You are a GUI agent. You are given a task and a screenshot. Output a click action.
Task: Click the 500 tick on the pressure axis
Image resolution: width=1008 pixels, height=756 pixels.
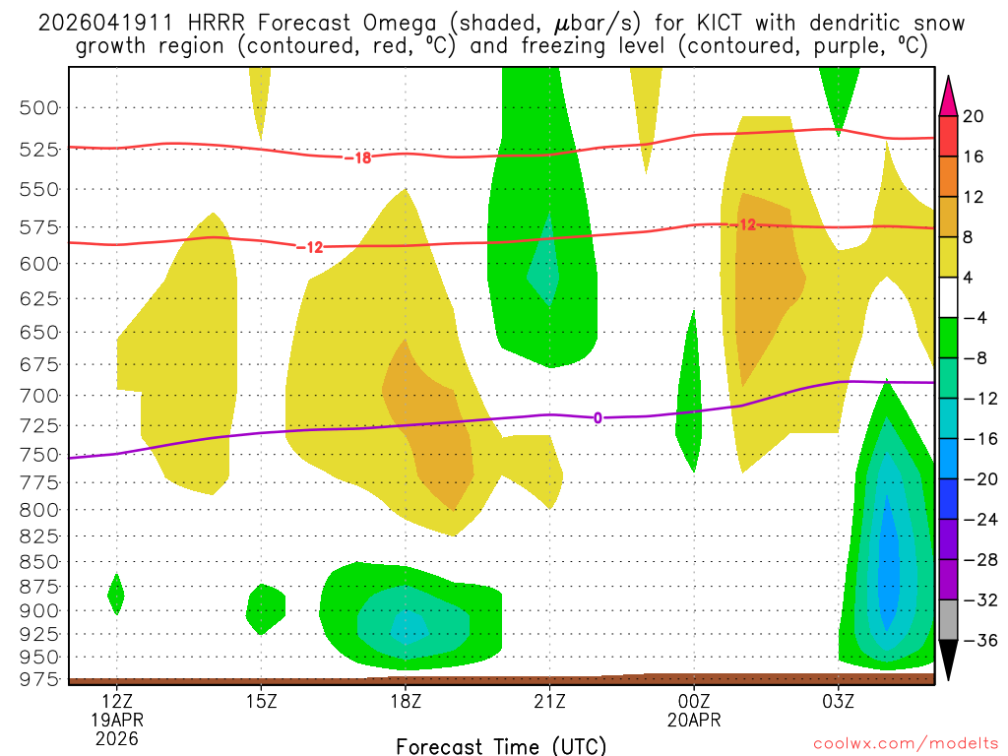(40, 107)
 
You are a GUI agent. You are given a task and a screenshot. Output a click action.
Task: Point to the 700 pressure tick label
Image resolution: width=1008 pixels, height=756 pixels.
(40, 396)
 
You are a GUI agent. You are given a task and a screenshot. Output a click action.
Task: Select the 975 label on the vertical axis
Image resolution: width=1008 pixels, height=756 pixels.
(40, 679)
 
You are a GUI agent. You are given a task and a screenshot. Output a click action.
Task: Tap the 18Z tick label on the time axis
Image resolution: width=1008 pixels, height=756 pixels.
(406, 702)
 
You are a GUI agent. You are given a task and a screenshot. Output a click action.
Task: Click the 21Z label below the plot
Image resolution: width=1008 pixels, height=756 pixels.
(549, 702)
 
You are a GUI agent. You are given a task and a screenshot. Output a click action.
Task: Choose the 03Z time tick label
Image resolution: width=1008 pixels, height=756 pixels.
(839, 702)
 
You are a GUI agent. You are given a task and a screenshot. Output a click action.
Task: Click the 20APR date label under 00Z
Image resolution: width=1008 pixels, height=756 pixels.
(694, 720)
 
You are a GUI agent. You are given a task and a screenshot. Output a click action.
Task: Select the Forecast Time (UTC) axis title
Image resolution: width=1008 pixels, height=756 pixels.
(501, 745)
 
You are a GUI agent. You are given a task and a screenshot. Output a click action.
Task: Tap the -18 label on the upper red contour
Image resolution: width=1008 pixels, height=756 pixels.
(357, 157)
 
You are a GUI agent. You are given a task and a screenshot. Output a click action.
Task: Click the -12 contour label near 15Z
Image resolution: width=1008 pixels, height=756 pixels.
(310, 247)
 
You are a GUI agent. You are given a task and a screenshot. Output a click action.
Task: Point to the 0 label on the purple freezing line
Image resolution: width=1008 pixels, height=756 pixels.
(598, 418)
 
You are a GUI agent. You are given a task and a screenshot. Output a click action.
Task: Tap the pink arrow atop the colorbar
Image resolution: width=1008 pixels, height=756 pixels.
(948, 94)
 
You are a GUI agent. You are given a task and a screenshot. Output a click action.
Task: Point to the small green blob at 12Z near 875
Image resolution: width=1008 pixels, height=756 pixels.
(116, 593)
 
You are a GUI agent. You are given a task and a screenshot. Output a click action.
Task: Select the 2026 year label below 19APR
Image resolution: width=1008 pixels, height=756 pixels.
(117, 737)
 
